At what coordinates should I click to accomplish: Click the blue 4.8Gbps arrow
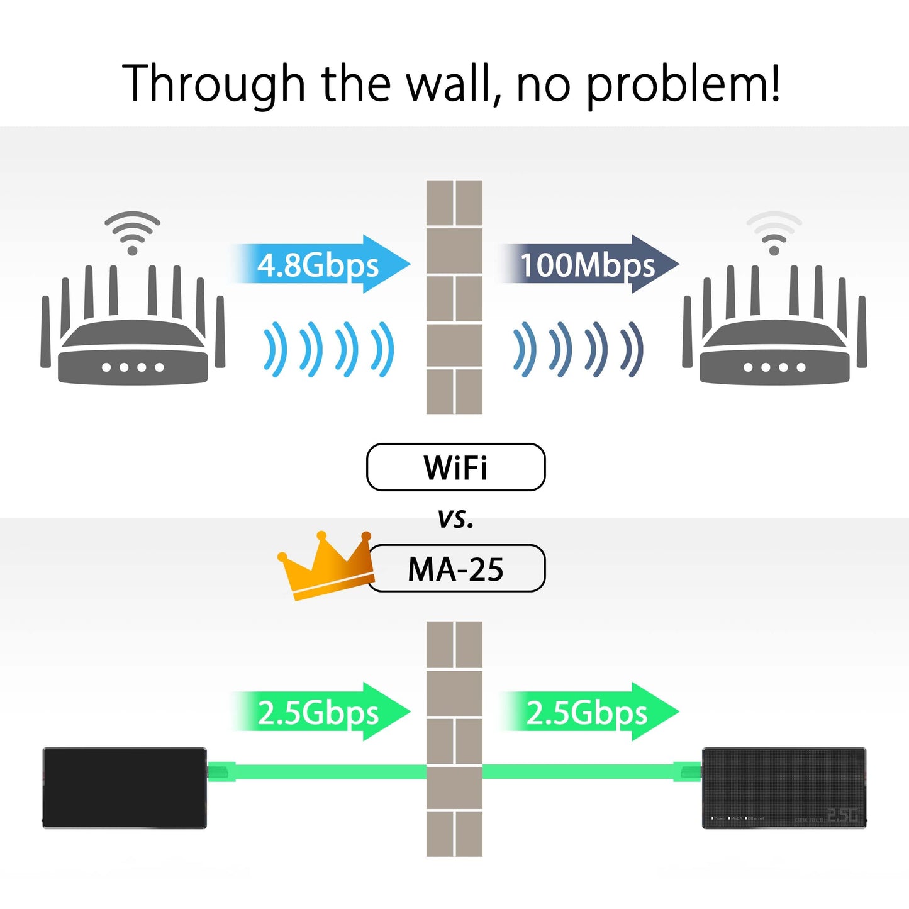coord(321,265)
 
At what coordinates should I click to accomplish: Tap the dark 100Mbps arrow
coord(589,265)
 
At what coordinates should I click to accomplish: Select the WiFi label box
coord(455,467)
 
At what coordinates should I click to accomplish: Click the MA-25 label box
coord(455,569)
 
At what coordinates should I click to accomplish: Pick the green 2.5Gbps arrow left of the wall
coord(321,712)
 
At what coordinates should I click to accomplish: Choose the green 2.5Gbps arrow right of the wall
coord(589,712)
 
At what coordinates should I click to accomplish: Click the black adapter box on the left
coord(125,788)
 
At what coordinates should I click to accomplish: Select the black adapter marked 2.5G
coord(784,788)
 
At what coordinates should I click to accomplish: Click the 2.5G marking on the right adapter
coord(842,816)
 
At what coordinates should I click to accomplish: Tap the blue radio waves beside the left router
coord(328,349)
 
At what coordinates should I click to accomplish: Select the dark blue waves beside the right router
coord(578,349)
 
